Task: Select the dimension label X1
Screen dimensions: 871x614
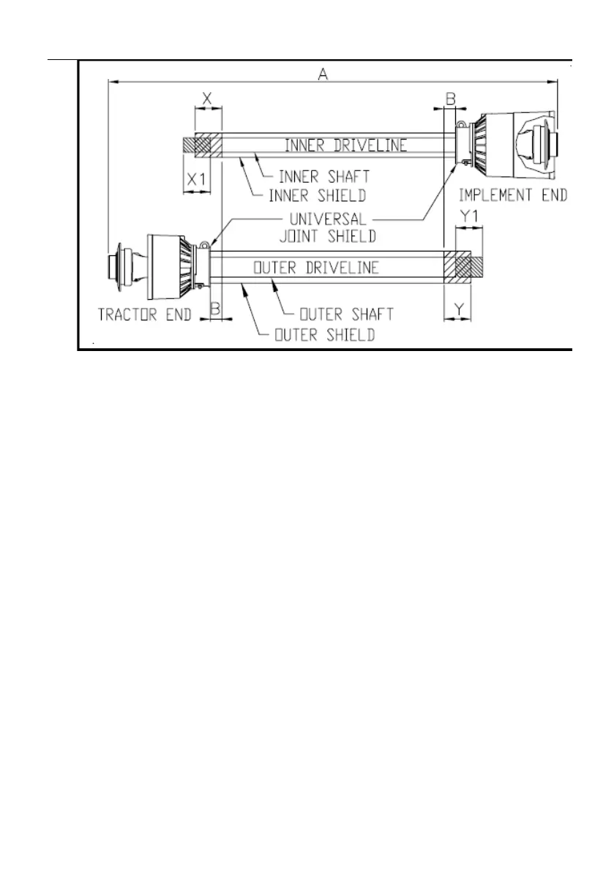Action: click(196, 178)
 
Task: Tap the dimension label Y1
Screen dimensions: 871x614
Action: click(468, 215)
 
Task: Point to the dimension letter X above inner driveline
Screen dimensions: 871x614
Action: click(206, 97)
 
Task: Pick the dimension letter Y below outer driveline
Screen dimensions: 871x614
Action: click(457, 309)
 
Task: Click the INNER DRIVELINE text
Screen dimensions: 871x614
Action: click(345, 145)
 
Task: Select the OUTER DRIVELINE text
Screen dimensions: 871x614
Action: click(315, 268)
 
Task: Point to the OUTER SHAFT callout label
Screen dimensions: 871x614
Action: click(348, 314)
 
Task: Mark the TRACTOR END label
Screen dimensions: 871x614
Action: click(145, 314)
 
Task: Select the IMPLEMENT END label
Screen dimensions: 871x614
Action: click(512, 195)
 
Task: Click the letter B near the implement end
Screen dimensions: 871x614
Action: click(451, 98)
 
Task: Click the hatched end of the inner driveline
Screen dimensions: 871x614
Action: click(197, 144)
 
